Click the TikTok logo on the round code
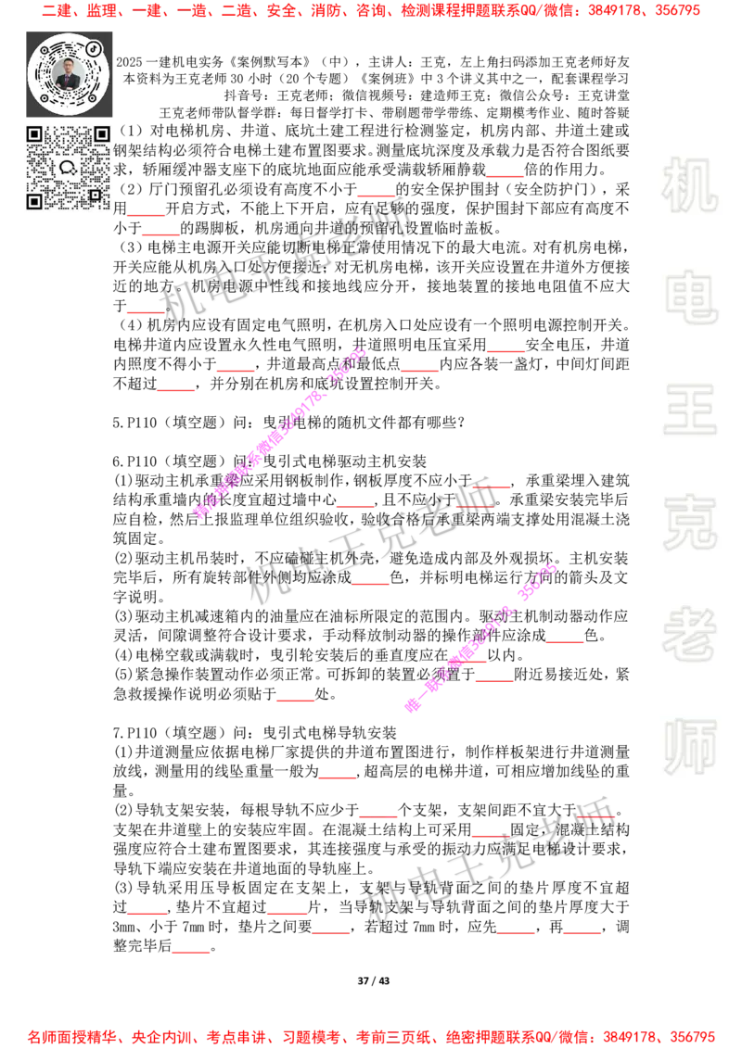click(x=94, y=47)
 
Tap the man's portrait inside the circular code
click(x=69, y=73)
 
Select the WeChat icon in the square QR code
click(x=68, y=168)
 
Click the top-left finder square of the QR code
click(x=34, y=134)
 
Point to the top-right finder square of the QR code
click(x=101, y=134)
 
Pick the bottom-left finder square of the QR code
click(x=34, y=201)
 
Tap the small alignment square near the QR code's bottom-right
click(x=95, y=195)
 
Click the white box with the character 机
click(x=689, y=185)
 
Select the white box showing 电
click(x=693, y=297)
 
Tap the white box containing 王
click(x=689, y=411)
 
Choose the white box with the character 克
click(x=689, y=523)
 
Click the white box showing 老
click(x=689, y=634)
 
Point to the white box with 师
click(x=689, y=748)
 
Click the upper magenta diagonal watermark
click(x=278, y=434)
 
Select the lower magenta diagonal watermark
click(x=480, y=638)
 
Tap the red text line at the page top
click(x=371, y=11)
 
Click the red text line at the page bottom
click(x=371, y=1036)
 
